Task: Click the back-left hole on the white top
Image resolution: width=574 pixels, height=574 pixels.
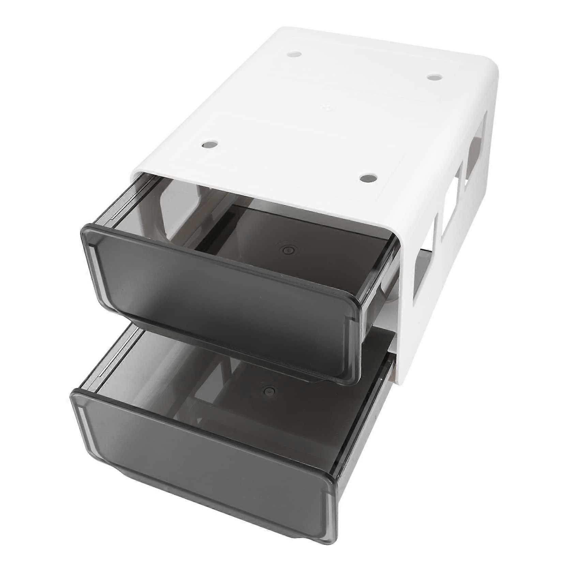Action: coord(295,54)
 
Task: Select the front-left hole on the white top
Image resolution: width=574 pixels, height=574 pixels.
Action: coord(209,145)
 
